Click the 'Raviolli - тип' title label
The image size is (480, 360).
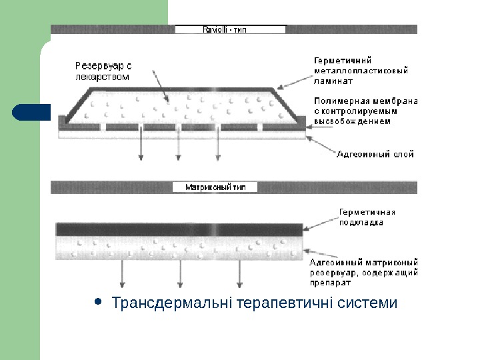230,29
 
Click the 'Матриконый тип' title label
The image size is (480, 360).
215,187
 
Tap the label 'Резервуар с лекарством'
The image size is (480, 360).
103,71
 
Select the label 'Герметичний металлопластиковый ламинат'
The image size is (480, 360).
361,70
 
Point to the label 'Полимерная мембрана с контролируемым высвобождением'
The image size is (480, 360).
365,111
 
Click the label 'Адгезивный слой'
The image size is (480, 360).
375,154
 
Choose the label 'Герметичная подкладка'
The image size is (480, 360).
367,217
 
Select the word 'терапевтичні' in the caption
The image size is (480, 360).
277,303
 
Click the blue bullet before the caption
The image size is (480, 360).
99,302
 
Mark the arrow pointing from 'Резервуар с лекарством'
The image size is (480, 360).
159,87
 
